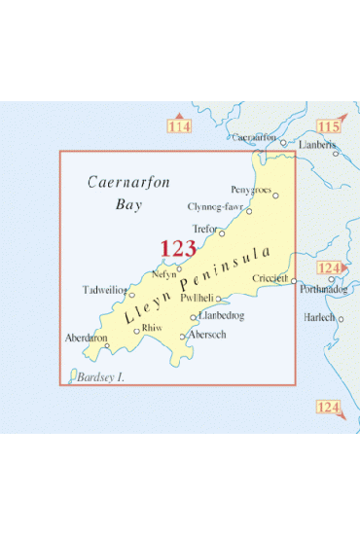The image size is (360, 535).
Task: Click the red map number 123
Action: click(x=178, y=249)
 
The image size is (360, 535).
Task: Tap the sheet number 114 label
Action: click(x=179, y=127)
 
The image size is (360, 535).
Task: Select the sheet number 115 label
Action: click(x=328, y=127)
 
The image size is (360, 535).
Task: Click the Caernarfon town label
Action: click(x=254, y=138)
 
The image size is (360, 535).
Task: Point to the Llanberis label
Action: click(x=319, y=143)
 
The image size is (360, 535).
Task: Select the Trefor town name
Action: click(x=204, y=229)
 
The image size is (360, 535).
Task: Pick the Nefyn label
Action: click(x=164, y=276)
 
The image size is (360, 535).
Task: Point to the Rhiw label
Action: click(x=151, y=328)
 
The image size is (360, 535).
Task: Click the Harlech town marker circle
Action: click(x=340, y=318)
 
